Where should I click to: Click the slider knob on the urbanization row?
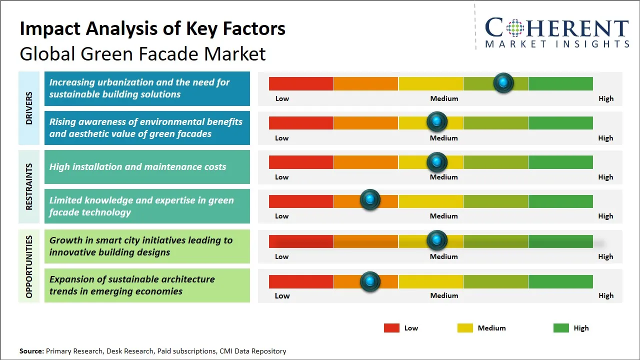(x=503, y=83)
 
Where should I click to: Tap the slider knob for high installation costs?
(x=437, y=162)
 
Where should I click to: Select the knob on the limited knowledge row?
(x=370, y=200)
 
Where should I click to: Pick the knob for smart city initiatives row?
(x=437, y=240)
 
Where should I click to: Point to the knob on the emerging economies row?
(x=370, y=281)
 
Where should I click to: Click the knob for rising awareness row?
(x=437, y=121)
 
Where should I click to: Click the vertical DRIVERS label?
(x=28, y=108)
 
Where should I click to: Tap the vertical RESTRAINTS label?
(x=28, y=186)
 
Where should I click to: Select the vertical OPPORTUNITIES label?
(x=28, y=266)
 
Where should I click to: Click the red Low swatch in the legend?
(x=391, y=328)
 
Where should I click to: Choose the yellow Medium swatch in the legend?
(x=465, y=328)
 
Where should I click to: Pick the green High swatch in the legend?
(x=561, y=328)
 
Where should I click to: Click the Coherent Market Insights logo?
(x=556, y=32)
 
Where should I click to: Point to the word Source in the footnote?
(x=31, y=351)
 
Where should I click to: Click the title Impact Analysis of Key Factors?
(x=152, y=28)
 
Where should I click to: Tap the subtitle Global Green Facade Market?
(x=142, y=53)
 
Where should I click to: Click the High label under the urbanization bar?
(x=606, y=98)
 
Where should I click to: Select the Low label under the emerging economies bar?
(x=282, y=295)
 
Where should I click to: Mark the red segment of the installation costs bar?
(x=301, y=162)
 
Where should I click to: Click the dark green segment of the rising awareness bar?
(x=560, y=123)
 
